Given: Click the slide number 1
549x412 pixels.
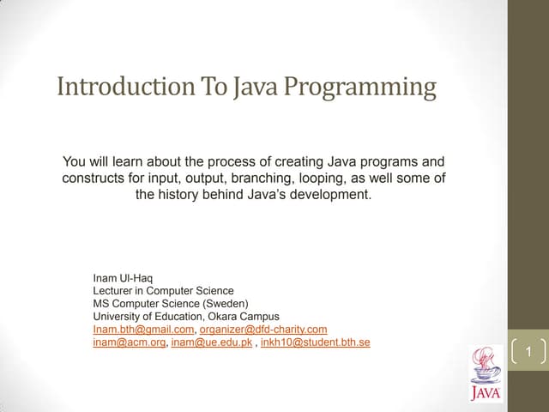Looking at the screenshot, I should pyautogui.click(x=529, y=353).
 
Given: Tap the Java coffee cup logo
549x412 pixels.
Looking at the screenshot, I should pyautogui.click(x=486, y=374).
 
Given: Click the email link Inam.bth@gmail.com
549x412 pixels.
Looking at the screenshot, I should pyautogui.click(x=144, y=329).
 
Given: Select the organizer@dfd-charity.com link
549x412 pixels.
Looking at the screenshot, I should pyautogui.click(x=263, y=329).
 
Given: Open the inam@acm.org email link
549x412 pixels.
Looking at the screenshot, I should pyautogui.click(x=129, y=342).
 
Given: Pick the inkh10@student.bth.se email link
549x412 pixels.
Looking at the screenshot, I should pyautogui.click(x=315, y=342).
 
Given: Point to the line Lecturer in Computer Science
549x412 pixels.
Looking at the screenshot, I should pyautogui.click(x=163, y=291).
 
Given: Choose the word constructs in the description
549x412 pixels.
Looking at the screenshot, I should pyautogui.click(x=93, y=178).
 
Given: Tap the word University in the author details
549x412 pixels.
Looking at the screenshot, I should pyautogui.click(x=115, y=316).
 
